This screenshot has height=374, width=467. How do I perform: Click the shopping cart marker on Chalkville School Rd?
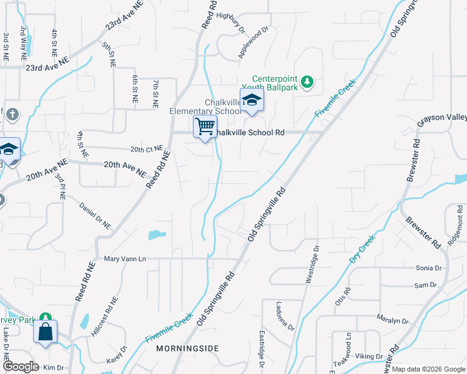pos(205,127)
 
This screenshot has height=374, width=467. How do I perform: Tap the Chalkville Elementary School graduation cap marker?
pos(252,101)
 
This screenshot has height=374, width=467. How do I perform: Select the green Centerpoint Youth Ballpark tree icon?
pos(307,81)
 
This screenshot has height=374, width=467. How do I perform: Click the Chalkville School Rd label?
pos(251,133)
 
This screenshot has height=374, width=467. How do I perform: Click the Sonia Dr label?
pos(428,268)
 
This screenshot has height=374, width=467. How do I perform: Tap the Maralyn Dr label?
pos(393,320)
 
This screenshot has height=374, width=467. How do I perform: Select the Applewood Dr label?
pos(253,42)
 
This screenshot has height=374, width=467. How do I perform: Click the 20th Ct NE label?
pos(146,150)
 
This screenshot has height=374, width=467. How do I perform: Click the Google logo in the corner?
pos(21,367)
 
